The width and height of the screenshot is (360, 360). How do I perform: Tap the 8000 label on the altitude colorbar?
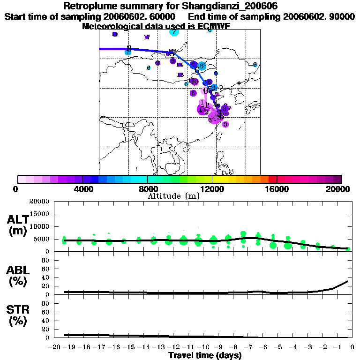[147, 189]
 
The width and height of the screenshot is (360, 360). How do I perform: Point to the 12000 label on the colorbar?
[212, 189]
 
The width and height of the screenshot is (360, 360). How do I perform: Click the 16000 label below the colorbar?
[277, 189]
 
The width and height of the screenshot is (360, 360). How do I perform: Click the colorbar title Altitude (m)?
[173, 196]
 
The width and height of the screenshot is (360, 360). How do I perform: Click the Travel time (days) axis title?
[205, 356]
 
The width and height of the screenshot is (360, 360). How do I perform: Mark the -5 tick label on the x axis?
[280, 347]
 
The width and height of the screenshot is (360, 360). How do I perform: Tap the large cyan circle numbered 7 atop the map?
[174, 31]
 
